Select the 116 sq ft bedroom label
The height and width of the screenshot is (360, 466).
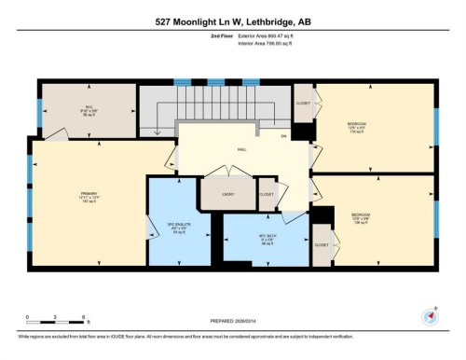(x=357, y=126)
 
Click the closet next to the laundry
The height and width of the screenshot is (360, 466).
(x=267, y=196)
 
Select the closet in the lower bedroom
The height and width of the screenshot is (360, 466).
(x=322, y=244)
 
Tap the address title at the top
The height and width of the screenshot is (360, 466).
(x=233, y=21)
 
